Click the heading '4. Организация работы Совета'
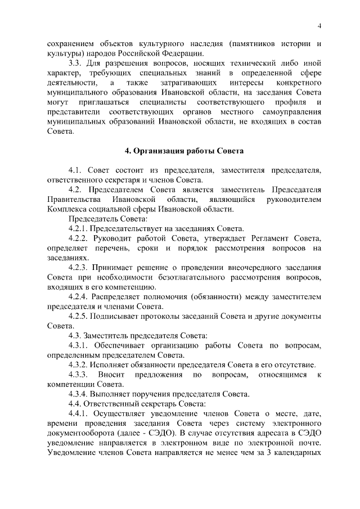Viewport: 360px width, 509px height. pos(183,150)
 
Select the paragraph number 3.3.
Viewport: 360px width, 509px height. pos(76,63)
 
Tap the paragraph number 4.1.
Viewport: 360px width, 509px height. pos(76,170)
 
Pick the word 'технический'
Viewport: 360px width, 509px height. pos(264,63)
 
